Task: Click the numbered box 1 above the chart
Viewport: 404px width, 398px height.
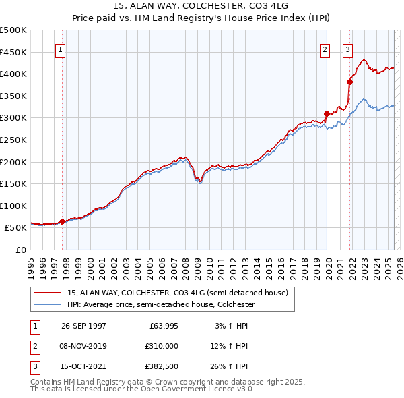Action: click(x=61, y=49)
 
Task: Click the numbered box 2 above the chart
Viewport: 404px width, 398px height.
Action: click(x=325, y=49)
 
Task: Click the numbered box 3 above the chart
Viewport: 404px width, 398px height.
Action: click(x=347, y=49)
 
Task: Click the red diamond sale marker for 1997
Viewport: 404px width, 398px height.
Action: click(x=62, y=221)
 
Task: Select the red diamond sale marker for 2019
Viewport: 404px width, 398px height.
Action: click(x=327, y=113)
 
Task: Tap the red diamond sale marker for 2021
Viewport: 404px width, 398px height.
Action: click(x=349, y=82)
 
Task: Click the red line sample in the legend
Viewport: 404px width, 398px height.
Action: click(x=47, y=293)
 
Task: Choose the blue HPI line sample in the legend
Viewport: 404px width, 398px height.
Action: click(x=47, y=304)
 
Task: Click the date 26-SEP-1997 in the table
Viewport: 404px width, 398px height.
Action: click(x=84, y=326)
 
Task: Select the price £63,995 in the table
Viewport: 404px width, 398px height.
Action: click(x=162, y=326)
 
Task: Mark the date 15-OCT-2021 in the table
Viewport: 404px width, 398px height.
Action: click(x=84, y=366)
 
